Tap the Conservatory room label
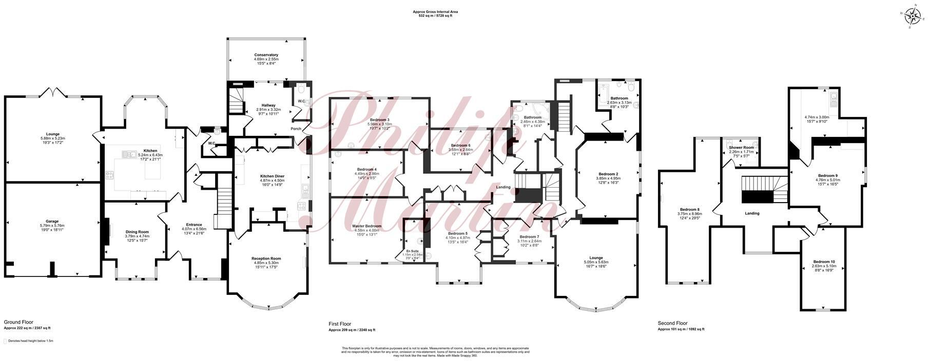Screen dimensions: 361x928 [x=266, y=55]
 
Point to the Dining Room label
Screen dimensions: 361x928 [x=137, y=232]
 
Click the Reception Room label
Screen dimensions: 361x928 [x=266, y=258]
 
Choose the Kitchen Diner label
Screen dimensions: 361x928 [x=272, y=176]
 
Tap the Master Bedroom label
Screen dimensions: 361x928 [x=366, y=226]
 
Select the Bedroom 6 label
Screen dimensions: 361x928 [x=460, y=146]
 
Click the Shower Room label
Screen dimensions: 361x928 [x=741, y=148]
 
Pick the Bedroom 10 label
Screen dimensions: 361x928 [x=824, y=262]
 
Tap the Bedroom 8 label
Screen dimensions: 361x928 [x=689, y=209]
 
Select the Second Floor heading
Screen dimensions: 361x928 [x=672, y=324]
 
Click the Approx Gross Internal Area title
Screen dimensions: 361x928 [x=435, y=11]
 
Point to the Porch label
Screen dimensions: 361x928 [x=296, y=129]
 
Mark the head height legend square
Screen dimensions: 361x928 [x=6, y=340]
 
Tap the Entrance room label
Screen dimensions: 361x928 [x=194, y=225]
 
